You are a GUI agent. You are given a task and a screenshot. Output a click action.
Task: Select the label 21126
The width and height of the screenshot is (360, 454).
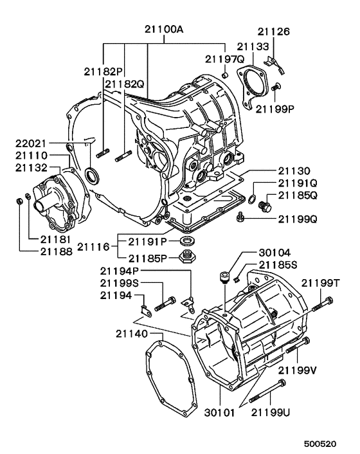274,30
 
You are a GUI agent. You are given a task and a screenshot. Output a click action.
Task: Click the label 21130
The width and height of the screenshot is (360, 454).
294,172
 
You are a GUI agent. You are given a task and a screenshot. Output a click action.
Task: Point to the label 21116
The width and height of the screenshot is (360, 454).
94,246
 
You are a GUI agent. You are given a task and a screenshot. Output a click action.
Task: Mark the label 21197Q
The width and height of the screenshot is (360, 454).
225,59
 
